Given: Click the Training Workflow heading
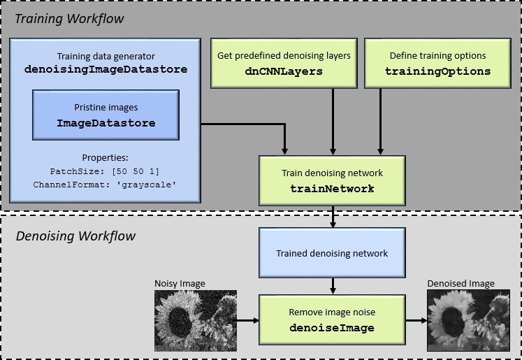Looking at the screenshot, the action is (x=69, y=19).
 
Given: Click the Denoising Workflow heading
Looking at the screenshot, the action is (x=75, y=236).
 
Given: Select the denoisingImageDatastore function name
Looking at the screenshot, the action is (x=106, y=69).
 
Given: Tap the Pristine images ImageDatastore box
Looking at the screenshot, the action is (x=106, y=115).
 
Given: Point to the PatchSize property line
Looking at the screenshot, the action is (x=105, y=171).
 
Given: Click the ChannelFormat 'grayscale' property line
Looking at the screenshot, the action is (x=105, y=185).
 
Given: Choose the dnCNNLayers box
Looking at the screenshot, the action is (x=284, y=64).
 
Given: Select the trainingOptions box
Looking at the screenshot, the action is (x=437, y=64).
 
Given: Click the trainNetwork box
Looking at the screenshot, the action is (x=332, y=181).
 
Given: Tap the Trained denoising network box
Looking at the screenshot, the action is (x=332, y=253).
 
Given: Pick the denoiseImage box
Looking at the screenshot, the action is (x=332, y=319).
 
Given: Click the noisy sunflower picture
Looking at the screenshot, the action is (x=196, y=321).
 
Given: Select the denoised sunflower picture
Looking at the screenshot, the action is (x=468, y=320).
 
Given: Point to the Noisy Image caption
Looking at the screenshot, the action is (x=180, y=284).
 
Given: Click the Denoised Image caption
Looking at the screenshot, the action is (x=461, y=283).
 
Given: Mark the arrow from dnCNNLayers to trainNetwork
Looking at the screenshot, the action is (x=333, y=122).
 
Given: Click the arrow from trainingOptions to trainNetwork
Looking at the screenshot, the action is (x=380, y=122).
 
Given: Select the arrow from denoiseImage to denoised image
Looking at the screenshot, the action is (x=416, y=320).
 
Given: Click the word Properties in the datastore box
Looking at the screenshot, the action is (x=106, y=158).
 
